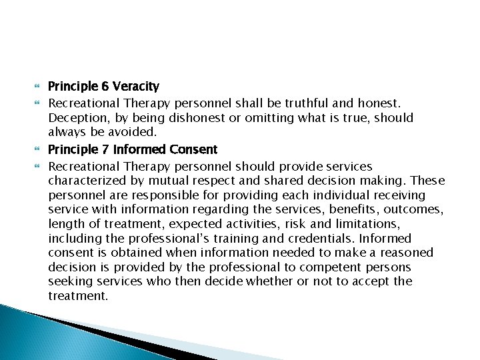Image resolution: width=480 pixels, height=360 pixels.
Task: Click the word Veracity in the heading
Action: (x=136, y=86)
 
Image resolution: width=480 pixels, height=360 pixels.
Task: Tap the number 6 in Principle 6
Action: (x=105, y=86)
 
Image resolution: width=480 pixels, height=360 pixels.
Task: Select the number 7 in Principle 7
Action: (x=105, y=149)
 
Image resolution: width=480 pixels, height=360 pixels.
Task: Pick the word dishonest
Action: (x=183, y=118)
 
